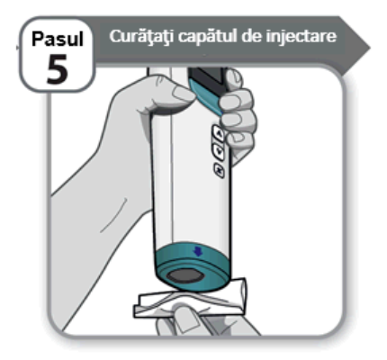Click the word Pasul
[x=57, y=39]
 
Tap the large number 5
[x=57, y=69]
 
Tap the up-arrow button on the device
[x=219, y=132]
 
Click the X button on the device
[x=220, y=171]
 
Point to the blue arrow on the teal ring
[x=198, y=251]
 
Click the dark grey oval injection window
[x=184, y=275]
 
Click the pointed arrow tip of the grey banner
[x=371, y=48]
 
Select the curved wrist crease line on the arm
[x=114, y=215]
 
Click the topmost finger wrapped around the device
[x=235, y=79]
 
